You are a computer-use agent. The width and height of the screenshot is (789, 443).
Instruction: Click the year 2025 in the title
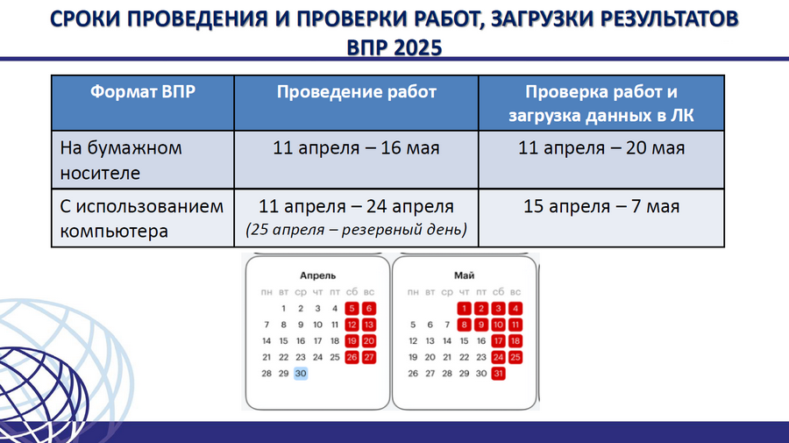(x=418, y=48)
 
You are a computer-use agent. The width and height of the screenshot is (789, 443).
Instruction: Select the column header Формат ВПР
(x=143, y=91)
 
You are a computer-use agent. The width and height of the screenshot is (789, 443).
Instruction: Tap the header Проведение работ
(x=356, y=91)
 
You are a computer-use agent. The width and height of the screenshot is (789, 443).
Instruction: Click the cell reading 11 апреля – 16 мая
(x=356, y=148)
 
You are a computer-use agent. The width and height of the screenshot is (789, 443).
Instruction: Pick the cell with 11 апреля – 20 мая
(x=601, y=148)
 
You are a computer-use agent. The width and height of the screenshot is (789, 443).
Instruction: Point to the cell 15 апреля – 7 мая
(x=601, y=206)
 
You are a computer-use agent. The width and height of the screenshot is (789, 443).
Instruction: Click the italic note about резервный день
(x=356, y=230)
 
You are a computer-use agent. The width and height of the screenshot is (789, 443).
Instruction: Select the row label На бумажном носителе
(x=121, y=160)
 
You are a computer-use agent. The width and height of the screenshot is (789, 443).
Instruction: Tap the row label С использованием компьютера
(x=142, y=218)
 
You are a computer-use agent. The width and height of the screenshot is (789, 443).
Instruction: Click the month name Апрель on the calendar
(x=317, y=275)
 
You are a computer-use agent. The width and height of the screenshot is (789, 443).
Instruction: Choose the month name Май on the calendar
(x=464, y=275)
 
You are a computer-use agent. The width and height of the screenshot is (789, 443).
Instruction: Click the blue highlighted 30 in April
(x=301, y=374)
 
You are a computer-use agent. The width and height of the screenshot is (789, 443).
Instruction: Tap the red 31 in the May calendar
(x=498, y=374)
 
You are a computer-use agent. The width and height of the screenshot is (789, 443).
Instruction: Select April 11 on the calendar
(x=335, y=325)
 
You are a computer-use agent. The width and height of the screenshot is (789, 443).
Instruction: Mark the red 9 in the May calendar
(x=481, y=325)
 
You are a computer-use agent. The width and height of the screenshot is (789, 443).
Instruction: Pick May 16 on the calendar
(x=481, y=341)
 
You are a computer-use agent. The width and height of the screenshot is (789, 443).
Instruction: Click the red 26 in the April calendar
(x=352, y=357)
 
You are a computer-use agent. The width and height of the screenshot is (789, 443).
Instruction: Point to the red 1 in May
(x=464, y=309)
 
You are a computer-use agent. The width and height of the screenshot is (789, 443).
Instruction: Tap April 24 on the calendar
(x=317, y=357)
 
